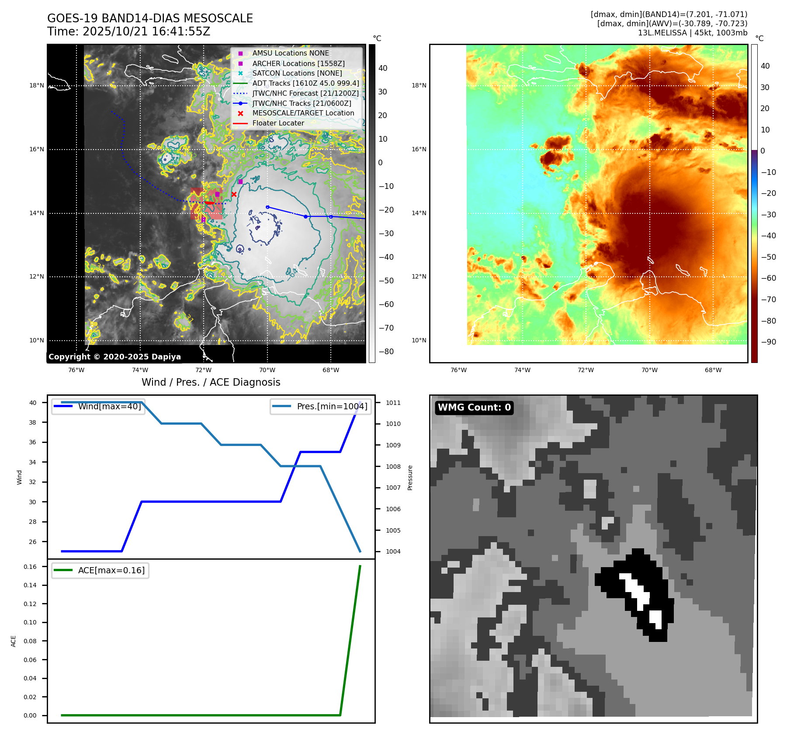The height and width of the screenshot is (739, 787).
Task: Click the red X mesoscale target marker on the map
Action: pyautogui.click(x=234, y=194)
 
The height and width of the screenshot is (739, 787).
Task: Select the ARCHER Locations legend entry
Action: pyautogui.click(x=298, y=63)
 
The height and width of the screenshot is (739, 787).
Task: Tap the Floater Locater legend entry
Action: pyautogui.click(x=278, y=123)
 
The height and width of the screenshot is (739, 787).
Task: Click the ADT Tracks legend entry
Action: pyautogui.click(x=305, y=83)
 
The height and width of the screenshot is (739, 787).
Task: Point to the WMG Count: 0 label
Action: pyautogui.click(x=474, y=408)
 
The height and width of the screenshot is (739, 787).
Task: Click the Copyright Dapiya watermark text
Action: pyautogui.click(x=114, y=357)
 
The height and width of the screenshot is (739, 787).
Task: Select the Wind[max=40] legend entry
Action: pyautogui.click(x=109, y=406)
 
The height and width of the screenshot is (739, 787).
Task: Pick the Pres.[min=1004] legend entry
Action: pyautogui.click(x=332, y=406)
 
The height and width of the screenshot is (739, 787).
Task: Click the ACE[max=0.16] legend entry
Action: pyautogui.click(x=111, y=570)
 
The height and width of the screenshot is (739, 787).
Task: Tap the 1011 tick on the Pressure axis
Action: pyautogui.click(x=393, y=403)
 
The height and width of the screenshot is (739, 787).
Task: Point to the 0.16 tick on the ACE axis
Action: pyautogui.click(x=30, y=567)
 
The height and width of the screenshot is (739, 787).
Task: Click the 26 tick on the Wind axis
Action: pyautogui.click(x=33, y=542)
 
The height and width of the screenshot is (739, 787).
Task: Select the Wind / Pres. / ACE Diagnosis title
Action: pyautogui.click(x=211, y=382)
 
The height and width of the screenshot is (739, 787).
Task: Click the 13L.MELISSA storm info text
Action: pyautogui.click(x=692, y=33)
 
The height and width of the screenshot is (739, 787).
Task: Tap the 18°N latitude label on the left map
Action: pyautogui.click(x=37, y=86)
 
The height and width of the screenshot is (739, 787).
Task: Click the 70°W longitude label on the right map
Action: pyautogui.click(x=649, y=370)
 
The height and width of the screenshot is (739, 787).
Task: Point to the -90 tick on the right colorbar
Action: pyautogui.click(x=768, y=342)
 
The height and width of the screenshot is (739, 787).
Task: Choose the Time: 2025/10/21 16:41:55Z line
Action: pyautogui.click(x=128, y=31)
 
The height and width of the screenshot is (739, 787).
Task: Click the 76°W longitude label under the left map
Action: pyautogui.click(x=76, y=370)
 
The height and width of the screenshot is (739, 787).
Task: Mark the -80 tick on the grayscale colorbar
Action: pyautogui.click(x=386, y=352)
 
